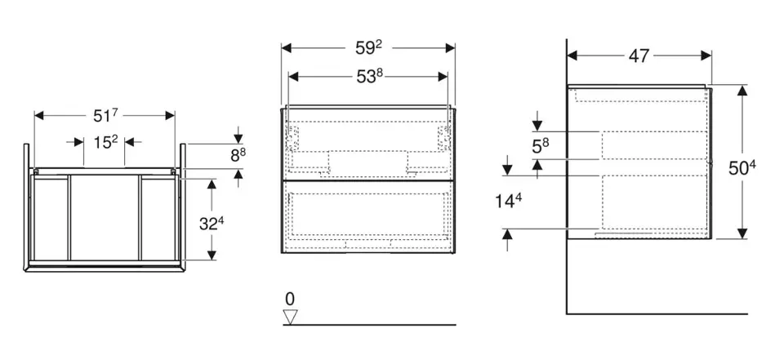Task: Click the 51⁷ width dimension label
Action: click(x=104, y=115)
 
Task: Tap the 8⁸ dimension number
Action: click(x=236, y=153)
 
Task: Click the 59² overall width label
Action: click(x=368, y=48)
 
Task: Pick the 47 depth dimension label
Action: click(x=639, y=56)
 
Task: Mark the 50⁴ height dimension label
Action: click(x=741, y=169)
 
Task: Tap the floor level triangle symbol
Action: click(x=291, y=316)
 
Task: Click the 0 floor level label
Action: click(x=290, y=299)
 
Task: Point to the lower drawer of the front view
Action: click(x=368, y=216)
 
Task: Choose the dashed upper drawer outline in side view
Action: click(x=653, y=144)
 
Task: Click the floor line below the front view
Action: click(x=368, y=324)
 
